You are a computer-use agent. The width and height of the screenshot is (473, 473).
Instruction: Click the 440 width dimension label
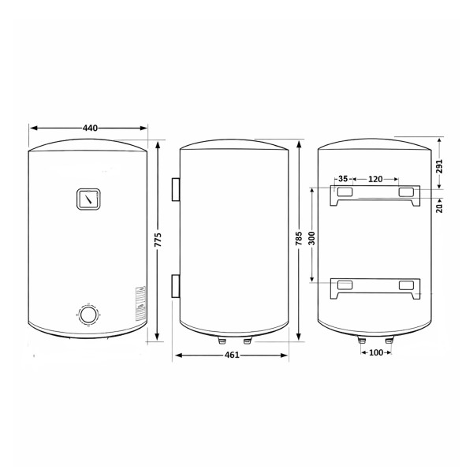[x=90, y=128]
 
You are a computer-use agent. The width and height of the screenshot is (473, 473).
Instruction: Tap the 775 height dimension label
[x=158, y=240]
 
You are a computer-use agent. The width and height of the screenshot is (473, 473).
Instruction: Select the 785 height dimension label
[x=299, y=238]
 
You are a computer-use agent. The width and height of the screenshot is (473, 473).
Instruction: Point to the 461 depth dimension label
[x=232, y=355]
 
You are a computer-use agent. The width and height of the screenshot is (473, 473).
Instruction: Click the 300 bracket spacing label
[x=312, y=238]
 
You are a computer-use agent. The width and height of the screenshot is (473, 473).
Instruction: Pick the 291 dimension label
[x=440, y=166]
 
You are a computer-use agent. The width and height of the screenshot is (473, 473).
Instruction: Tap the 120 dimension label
[x=375, y=179]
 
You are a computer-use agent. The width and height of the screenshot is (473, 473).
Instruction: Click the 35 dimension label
[x=343, y=179]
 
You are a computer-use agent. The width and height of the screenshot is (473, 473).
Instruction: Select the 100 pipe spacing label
[x=376, y=352]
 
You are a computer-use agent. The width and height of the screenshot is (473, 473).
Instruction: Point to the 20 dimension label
[x=440, y=208]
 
